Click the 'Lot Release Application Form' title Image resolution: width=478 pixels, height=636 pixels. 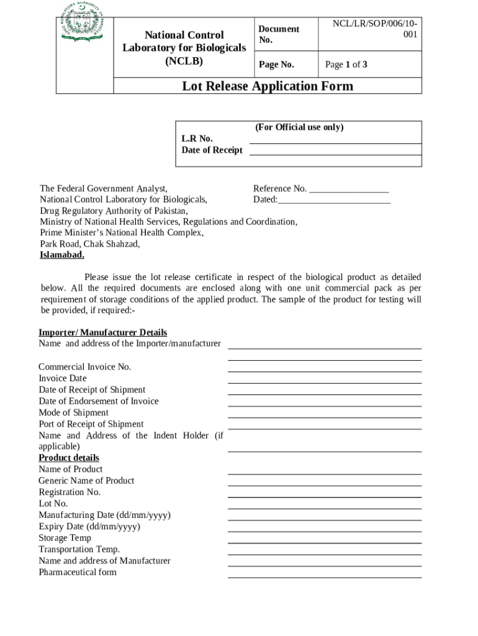267,86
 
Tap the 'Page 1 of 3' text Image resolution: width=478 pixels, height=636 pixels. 346,65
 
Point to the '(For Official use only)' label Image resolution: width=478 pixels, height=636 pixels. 299,127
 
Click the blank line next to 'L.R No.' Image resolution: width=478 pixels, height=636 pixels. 335,143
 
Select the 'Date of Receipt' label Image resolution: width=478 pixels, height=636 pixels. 212,150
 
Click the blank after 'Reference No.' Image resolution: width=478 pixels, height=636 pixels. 349,189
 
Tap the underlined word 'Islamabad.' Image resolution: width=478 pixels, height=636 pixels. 62,255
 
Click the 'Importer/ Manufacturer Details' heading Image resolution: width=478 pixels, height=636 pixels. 102,333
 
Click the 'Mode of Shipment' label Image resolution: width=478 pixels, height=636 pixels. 73,413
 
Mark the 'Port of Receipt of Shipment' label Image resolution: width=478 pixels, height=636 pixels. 91,424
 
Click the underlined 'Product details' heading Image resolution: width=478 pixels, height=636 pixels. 69,458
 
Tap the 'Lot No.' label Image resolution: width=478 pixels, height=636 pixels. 53,504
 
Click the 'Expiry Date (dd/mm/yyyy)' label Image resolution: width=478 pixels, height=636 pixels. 89,527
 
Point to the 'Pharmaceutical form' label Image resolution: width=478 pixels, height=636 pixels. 78,573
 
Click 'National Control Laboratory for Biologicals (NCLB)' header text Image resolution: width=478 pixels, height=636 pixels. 184,48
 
